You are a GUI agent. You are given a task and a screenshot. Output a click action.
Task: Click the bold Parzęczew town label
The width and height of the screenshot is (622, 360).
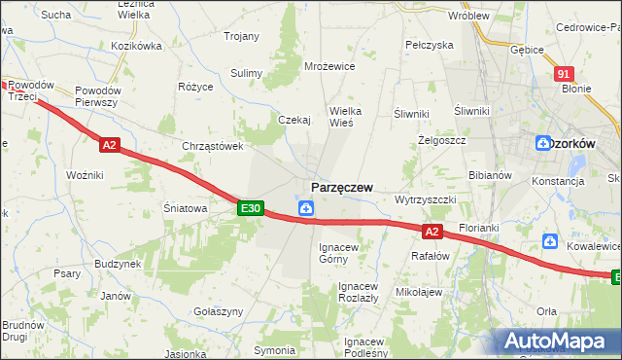[x=341, y=187]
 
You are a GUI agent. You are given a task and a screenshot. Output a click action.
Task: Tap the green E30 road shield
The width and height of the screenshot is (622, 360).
[x=250, y=208]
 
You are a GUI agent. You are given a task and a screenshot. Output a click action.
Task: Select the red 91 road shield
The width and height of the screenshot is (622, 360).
[x=565, y=74]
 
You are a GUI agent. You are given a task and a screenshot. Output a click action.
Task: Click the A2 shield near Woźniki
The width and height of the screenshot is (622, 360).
[x=109, y=145]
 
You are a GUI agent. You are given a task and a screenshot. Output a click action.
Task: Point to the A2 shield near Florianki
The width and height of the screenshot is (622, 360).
[x=433, y=231]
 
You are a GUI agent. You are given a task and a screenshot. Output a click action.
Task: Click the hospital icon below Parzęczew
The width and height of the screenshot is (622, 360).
[x=305, y=207]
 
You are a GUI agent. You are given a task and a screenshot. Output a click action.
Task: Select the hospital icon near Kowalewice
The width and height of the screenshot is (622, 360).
[x=551, y=240]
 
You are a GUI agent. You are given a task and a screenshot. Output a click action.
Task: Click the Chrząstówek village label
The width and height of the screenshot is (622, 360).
[x=212, y=146]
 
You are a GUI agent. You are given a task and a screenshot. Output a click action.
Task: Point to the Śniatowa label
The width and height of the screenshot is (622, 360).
[x=183, y=207]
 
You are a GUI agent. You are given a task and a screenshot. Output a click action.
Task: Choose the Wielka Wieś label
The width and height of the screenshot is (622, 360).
[x=346, y=117]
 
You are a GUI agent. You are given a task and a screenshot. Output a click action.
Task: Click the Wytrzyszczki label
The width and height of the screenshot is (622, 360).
[x=424, y=199]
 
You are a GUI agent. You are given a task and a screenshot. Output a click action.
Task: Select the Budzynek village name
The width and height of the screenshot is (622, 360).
[x=118, y=264]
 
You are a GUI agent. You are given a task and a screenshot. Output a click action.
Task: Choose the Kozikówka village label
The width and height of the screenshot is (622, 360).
[x=136, y=46]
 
